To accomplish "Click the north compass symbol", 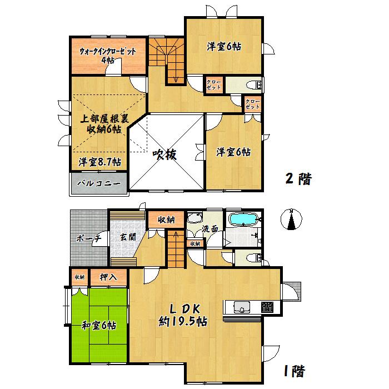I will pyautogui.click(x=291, y=220).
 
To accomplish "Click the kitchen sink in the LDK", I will pyautogui.click(x=241, y=307).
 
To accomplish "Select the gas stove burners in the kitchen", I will pyautogui.click(x=268, y=307).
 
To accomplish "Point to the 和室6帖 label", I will pyautogui.click(x=98, y=326).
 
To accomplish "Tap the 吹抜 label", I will pyautogui.click(x=165, y=155).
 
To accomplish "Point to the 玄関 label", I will pyautogui.click(x=127, y=237).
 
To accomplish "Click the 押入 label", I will pyautogui.click(x=107, y=276).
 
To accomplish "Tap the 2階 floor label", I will pyautogui.click(x=298, y=179).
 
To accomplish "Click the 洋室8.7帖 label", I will pyautogui.click(x=100, y=162).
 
